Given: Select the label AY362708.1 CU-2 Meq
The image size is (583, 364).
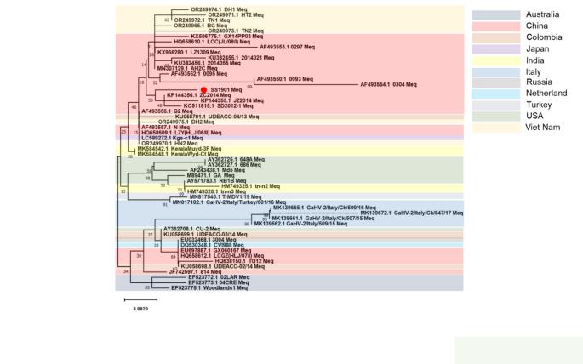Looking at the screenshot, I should pos(191,229).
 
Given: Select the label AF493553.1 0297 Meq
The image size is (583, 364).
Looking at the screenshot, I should pos(291,47).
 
